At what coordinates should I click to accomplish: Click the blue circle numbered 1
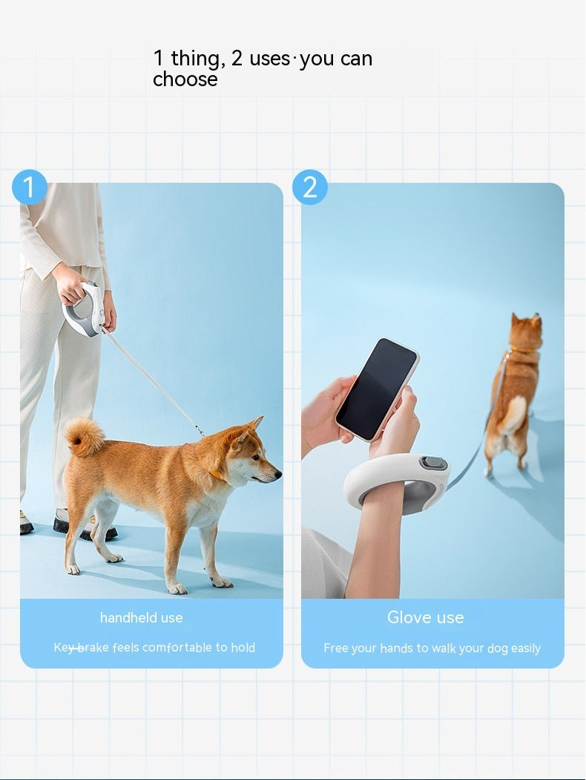[30, 187]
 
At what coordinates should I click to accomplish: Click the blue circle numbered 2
[310, 187]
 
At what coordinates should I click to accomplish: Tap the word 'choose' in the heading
[185, 79]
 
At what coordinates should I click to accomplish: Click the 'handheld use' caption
[141, 617]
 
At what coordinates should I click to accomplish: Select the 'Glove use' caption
[425, 617]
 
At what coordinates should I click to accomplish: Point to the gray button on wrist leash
[434, 464]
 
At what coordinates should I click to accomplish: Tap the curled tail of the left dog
[84, 436]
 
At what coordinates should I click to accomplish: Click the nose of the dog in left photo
[277, 472]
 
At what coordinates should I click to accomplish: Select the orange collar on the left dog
[217, 474]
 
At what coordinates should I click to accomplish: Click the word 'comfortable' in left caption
[177, 648]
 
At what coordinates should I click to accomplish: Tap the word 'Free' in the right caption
[336, 649]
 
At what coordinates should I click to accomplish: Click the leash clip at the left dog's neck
[200, 430]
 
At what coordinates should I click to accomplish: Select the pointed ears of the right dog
[525, 322]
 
